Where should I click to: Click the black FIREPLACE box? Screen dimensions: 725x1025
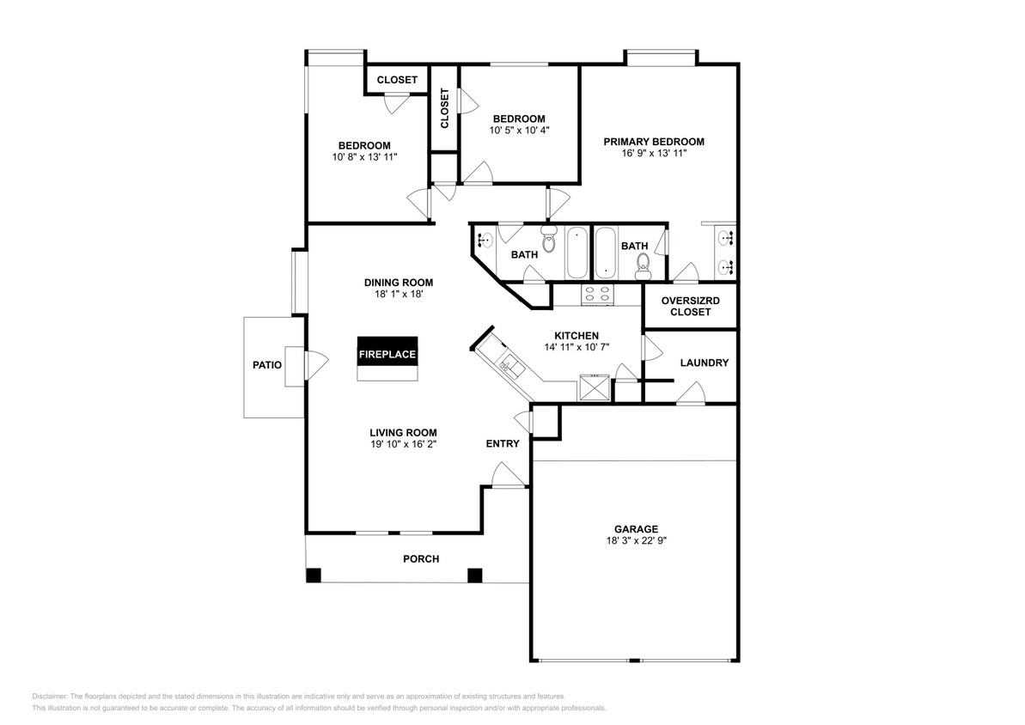point(387,353)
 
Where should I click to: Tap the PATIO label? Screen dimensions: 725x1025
point(266,365)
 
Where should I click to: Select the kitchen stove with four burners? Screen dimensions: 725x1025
point(598,295)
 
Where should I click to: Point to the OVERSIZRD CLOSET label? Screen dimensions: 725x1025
point(691,307)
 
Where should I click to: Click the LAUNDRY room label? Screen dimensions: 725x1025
point(704,363)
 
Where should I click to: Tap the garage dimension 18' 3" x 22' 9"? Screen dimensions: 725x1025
point(636,541)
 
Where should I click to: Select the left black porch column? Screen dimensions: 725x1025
point(314,575)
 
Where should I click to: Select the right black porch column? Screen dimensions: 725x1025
point(474,575)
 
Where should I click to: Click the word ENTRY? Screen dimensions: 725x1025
point(503,443)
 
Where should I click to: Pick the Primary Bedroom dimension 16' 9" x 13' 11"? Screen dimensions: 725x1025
point(653,153)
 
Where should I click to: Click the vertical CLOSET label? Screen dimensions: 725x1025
point(444,108)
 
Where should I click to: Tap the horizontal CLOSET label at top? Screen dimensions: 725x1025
point(397,80)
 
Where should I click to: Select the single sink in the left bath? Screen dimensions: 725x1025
point(485,241)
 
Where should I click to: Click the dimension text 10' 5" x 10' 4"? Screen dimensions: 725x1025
point(519,131)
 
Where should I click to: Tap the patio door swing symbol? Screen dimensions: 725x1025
point(314,363)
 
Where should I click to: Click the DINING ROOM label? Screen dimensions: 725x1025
point(398,282)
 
